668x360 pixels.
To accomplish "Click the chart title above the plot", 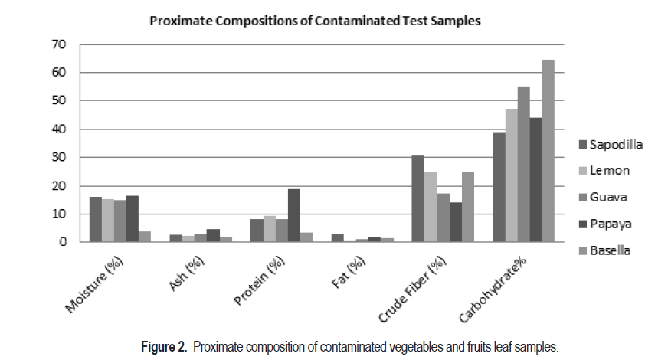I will point(315,21).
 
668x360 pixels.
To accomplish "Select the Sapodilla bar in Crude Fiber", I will point(417,199).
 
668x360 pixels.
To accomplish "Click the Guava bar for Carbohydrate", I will point(523,164).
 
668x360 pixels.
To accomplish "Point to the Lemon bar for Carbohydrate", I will point(511,175).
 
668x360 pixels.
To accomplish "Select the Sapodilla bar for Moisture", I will point(95,220).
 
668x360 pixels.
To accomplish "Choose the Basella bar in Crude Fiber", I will point(467,208).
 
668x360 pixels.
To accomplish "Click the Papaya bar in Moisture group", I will point(132,219).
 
